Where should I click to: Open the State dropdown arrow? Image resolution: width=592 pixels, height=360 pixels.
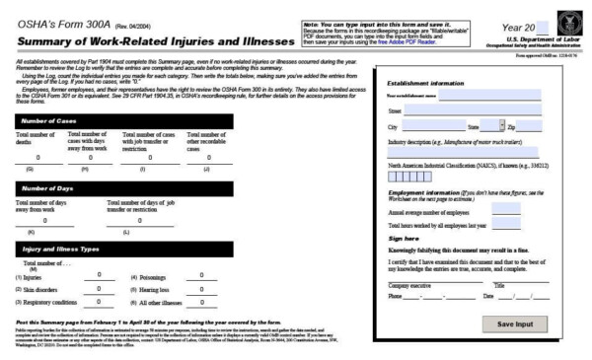(x=501, y=126)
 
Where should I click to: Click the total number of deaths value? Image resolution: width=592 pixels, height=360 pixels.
(x=37, y=157)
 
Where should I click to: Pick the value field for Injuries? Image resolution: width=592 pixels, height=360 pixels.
(x=99, y=275)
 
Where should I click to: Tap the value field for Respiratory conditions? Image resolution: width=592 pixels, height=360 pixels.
(x=99, y=302)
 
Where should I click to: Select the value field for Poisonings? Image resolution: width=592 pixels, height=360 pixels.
(x=201, y=275)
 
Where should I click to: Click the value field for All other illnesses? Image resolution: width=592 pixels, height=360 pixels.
(x=201, y=302)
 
